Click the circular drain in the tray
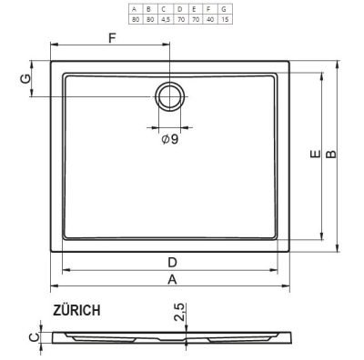tap(169, 96)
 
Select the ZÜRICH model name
tap(76, 310)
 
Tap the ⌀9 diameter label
tap(170, 139)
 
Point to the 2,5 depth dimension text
tap(179, 312)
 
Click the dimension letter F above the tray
tap(112, 38)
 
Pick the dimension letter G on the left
tap(25, 79)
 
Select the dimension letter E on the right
tap(316, 155)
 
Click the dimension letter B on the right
tap(331, 155)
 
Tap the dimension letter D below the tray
tap(172, 263)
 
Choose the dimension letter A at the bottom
tap(172, 279)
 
